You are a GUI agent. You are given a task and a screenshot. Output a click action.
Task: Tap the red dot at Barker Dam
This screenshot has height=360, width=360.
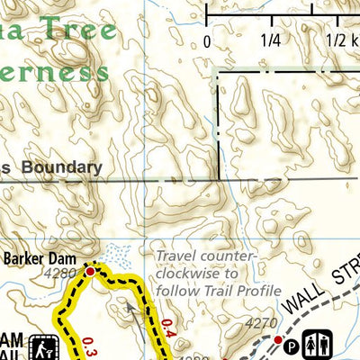90,270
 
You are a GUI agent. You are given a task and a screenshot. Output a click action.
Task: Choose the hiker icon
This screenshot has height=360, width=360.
42,346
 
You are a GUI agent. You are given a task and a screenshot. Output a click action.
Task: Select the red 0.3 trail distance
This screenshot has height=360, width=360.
89,346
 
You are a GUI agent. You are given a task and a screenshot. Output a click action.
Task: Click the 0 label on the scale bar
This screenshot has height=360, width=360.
207,40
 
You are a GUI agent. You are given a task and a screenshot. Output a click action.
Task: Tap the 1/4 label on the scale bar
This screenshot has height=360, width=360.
270,40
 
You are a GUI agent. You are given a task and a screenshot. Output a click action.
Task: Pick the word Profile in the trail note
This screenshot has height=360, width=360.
256,290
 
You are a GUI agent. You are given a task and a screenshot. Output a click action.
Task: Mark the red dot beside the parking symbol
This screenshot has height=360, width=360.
279,339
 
